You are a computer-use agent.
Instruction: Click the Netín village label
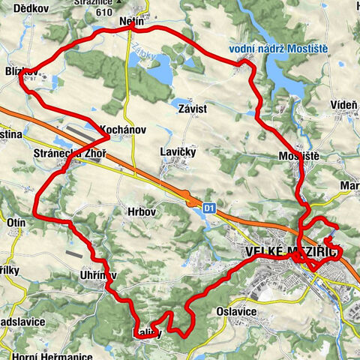click(x=130, y=24)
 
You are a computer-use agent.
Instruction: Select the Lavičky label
click(x=178, y=151)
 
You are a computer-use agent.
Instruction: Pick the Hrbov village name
click(x=140, y=212)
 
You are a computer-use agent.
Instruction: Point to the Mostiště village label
click(x=298, y=156)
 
